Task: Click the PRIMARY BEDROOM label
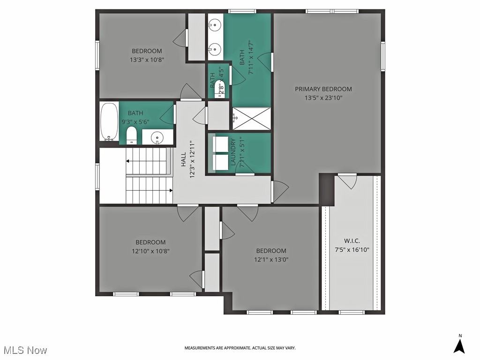[323, 89]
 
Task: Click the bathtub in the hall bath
[109, 122]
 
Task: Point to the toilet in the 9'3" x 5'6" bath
[132, 135]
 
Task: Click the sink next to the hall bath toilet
[156, 137]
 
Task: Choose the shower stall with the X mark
[252, 118]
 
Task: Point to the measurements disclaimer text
[240, 348]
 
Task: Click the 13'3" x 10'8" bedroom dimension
[147, 60]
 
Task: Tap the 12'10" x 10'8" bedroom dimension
[150, 251]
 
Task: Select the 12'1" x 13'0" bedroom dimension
[271, 259]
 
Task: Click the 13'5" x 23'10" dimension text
[323, 98]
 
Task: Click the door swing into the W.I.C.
[348, 182]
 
